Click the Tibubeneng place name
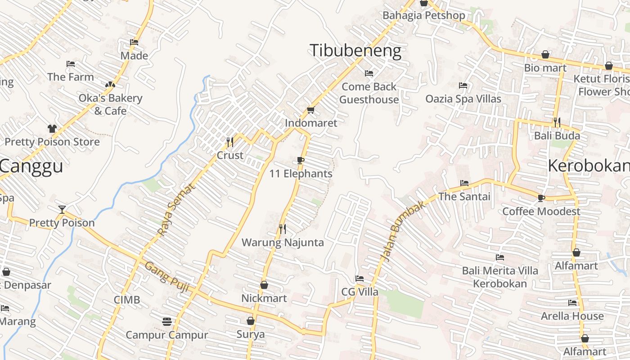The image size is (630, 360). [x=355, y=50]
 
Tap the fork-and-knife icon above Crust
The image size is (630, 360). [x=230, y=142]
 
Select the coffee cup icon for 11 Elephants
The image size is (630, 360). [x=301, y=161]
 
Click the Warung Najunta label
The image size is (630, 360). [x=283, y=243]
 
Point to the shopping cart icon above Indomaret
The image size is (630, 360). [x=310, y=110]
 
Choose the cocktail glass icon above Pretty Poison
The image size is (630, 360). [x=62, y=210]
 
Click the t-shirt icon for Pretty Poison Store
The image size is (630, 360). [x=52, y=129]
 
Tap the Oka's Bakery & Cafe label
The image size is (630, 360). [x=110, y=104]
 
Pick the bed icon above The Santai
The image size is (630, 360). [x=464, y=183]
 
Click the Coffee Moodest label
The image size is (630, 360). [x=541, y=211]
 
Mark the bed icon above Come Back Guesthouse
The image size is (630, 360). [x=369, y=73]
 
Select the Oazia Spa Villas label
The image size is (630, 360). [x=463, y=99]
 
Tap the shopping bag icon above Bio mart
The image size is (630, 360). [x=545, y=55]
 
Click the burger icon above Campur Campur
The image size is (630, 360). [x=167, y=322]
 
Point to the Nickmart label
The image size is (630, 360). [x=264, y=298]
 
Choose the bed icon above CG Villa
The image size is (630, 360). [x=360, y=279]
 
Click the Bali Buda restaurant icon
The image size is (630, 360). [x=557, y=122]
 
